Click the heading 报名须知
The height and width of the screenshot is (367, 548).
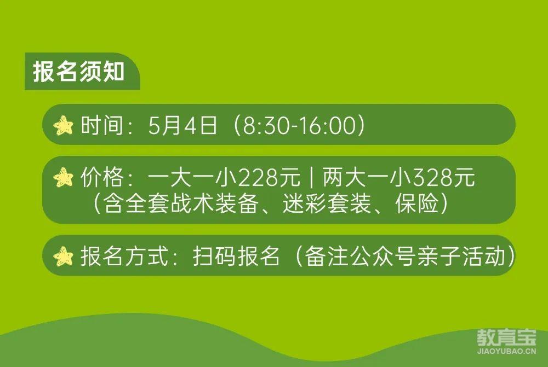point(78,72)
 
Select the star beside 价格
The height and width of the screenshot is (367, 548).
point(63,177)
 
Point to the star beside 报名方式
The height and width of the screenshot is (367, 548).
point(63,257)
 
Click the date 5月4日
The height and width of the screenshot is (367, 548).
point(182,125)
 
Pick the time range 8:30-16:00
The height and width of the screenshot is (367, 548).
point(299,126)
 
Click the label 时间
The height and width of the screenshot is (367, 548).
point(102,125)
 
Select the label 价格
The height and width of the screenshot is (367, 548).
point(102,177)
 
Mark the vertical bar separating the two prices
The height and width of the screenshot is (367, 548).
point(311,178)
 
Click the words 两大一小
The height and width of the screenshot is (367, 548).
point(367,177)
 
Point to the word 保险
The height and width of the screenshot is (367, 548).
point(416,203)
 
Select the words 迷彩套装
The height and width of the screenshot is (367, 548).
point(327,203)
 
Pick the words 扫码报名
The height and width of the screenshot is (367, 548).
point(236,257)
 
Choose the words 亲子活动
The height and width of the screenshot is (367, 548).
point(462,257)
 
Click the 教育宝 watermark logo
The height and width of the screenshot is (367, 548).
point(506,337)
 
